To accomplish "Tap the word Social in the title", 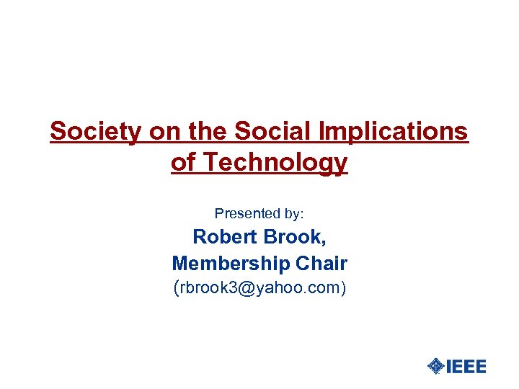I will pyautogui.click(x=269, y=132).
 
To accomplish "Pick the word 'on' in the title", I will pyautogui.click(x=165, y=132).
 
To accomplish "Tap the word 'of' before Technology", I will pyautogui.click(x=182, y=163).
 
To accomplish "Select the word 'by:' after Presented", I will pyautogui.click(x=293, y=213).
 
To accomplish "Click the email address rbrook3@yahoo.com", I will pyautogui.click(x=259, y=289).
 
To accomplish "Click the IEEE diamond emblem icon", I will pyautogui.click(x=435, y=366).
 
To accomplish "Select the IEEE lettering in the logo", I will pyautogui.click(x=466, y=366).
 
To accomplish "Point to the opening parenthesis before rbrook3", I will pyautogui.click(x=177, y=289).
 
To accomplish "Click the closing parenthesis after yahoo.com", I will pyautogui.click(x=343, y=289).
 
